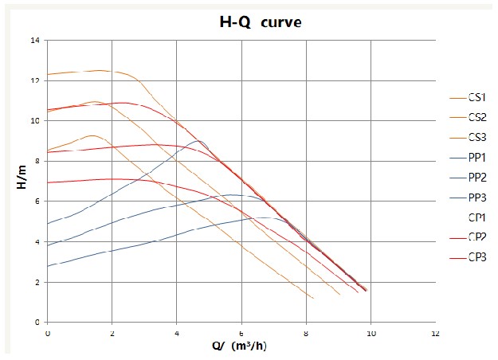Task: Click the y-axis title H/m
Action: (x=21, y=181)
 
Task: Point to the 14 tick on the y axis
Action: (x=36, y=40)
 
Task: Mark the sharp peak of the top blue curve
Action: (x=197, y=140)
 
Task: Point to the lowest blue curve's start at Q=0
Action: (x=48, y=266)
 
